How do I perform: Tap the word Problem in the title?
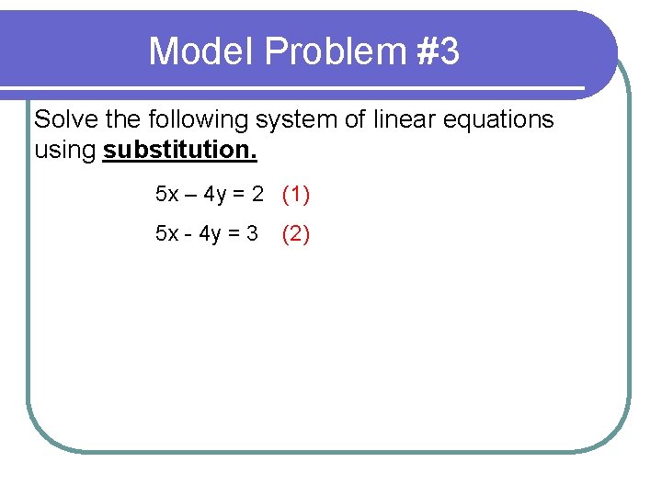coord(335,51)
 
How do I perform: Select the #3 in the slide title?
coord(438,51)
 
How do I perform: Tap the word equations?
coord(501,120)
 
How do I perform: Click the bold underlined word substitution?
coord(180,150)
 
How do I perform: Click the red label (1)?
coord(296,195)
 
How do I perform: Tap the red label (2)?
coord(296,234)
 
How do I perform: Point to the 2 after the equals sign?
coord(257,195)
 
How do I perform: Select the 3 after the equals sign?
coord(252,234)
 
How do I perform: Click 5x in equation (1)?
coord(167,195)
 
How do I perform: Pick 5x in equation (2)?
coord(167,234)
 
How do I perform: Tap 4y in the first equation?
coord(215,196)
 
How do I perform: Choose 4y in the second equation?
coord(209,235)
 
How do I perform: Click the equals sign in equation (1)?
coord(239,195)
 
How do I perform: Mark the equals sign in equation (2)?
coord(233,234)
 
